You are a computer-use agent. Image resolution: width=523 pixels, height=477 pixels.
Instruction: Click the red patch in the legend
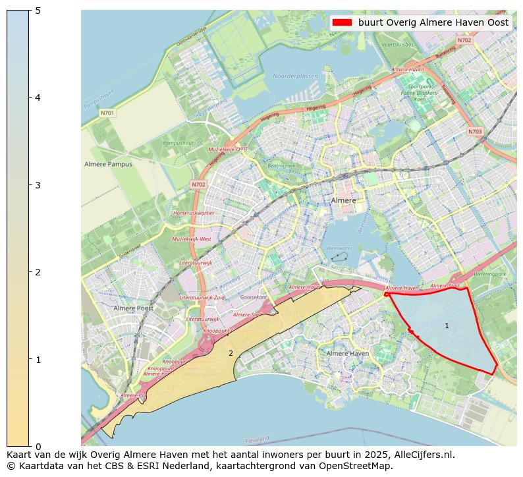(343, 22)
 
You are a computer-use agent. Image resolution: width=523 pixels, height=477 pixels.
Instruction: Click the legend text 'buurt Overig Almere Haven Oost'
(433, 22)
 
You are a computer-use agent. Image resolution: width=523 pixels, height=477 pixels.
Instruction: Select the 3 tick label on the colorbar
(38, 185)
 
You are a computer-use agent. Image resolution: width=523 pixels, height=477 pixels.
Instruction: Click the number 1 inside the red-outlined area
(447, 325)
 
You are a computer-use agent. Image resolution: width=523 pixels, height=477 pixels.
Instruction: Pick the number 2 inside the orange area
(231, 353)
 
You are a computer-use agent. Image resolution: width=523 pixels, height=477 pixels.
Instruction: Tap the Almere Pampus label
(108, 164)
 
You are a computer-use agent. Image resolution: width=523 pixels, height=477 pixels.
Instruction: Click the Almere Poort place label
(133, 308)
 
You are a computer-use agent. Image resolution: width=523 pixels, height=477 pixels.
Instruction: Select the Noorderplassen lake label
(295, 76)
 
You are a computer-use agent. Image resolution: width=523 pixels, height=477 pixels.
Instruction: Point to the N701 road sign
(107, 113)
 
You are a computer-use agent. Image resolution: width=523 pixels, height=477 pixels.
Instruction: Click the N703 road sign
(475, 132)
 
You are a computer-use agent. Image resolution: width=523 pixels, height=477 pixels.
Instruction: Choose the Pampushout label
(177, 143)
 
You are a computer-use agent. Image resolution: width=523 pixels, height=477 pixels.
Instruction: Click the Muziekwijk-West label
(191, 239)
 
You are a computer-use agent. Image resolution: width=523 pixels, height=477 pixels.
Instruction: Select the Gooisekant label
(254, 297)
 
